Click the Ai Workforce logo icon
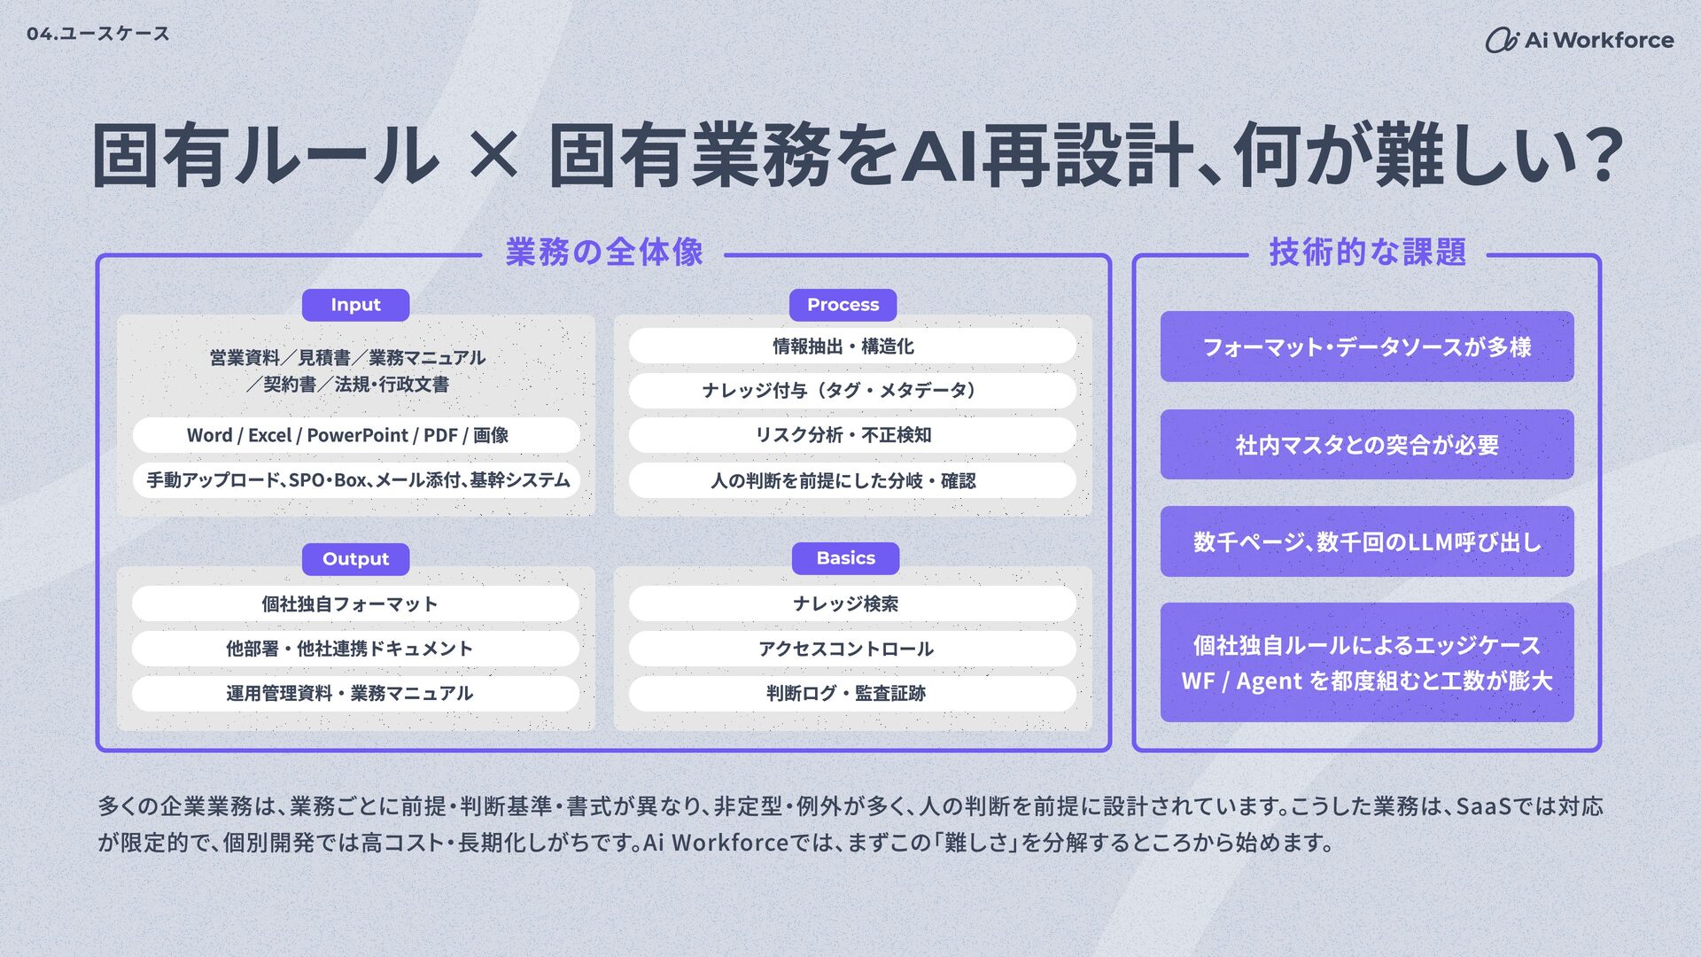(x=1502, y=40)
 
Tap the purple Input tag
(x=355, y=305)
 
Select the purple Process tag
(x=843, y=305)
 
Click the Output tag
(x=355, y=559)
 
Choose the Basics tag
(x=845, y=558)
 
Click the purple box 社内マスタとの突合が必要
(x=1367, y=444)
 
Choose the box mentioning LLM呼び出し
(x=1367, y=541)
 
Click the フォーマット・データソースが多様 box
(x=1367, y=346)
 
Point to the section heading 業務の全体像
(x=604, y=253)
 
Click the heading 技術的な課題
(x=1367, y=253)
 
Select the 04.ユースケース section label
(x=97, y=34)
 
